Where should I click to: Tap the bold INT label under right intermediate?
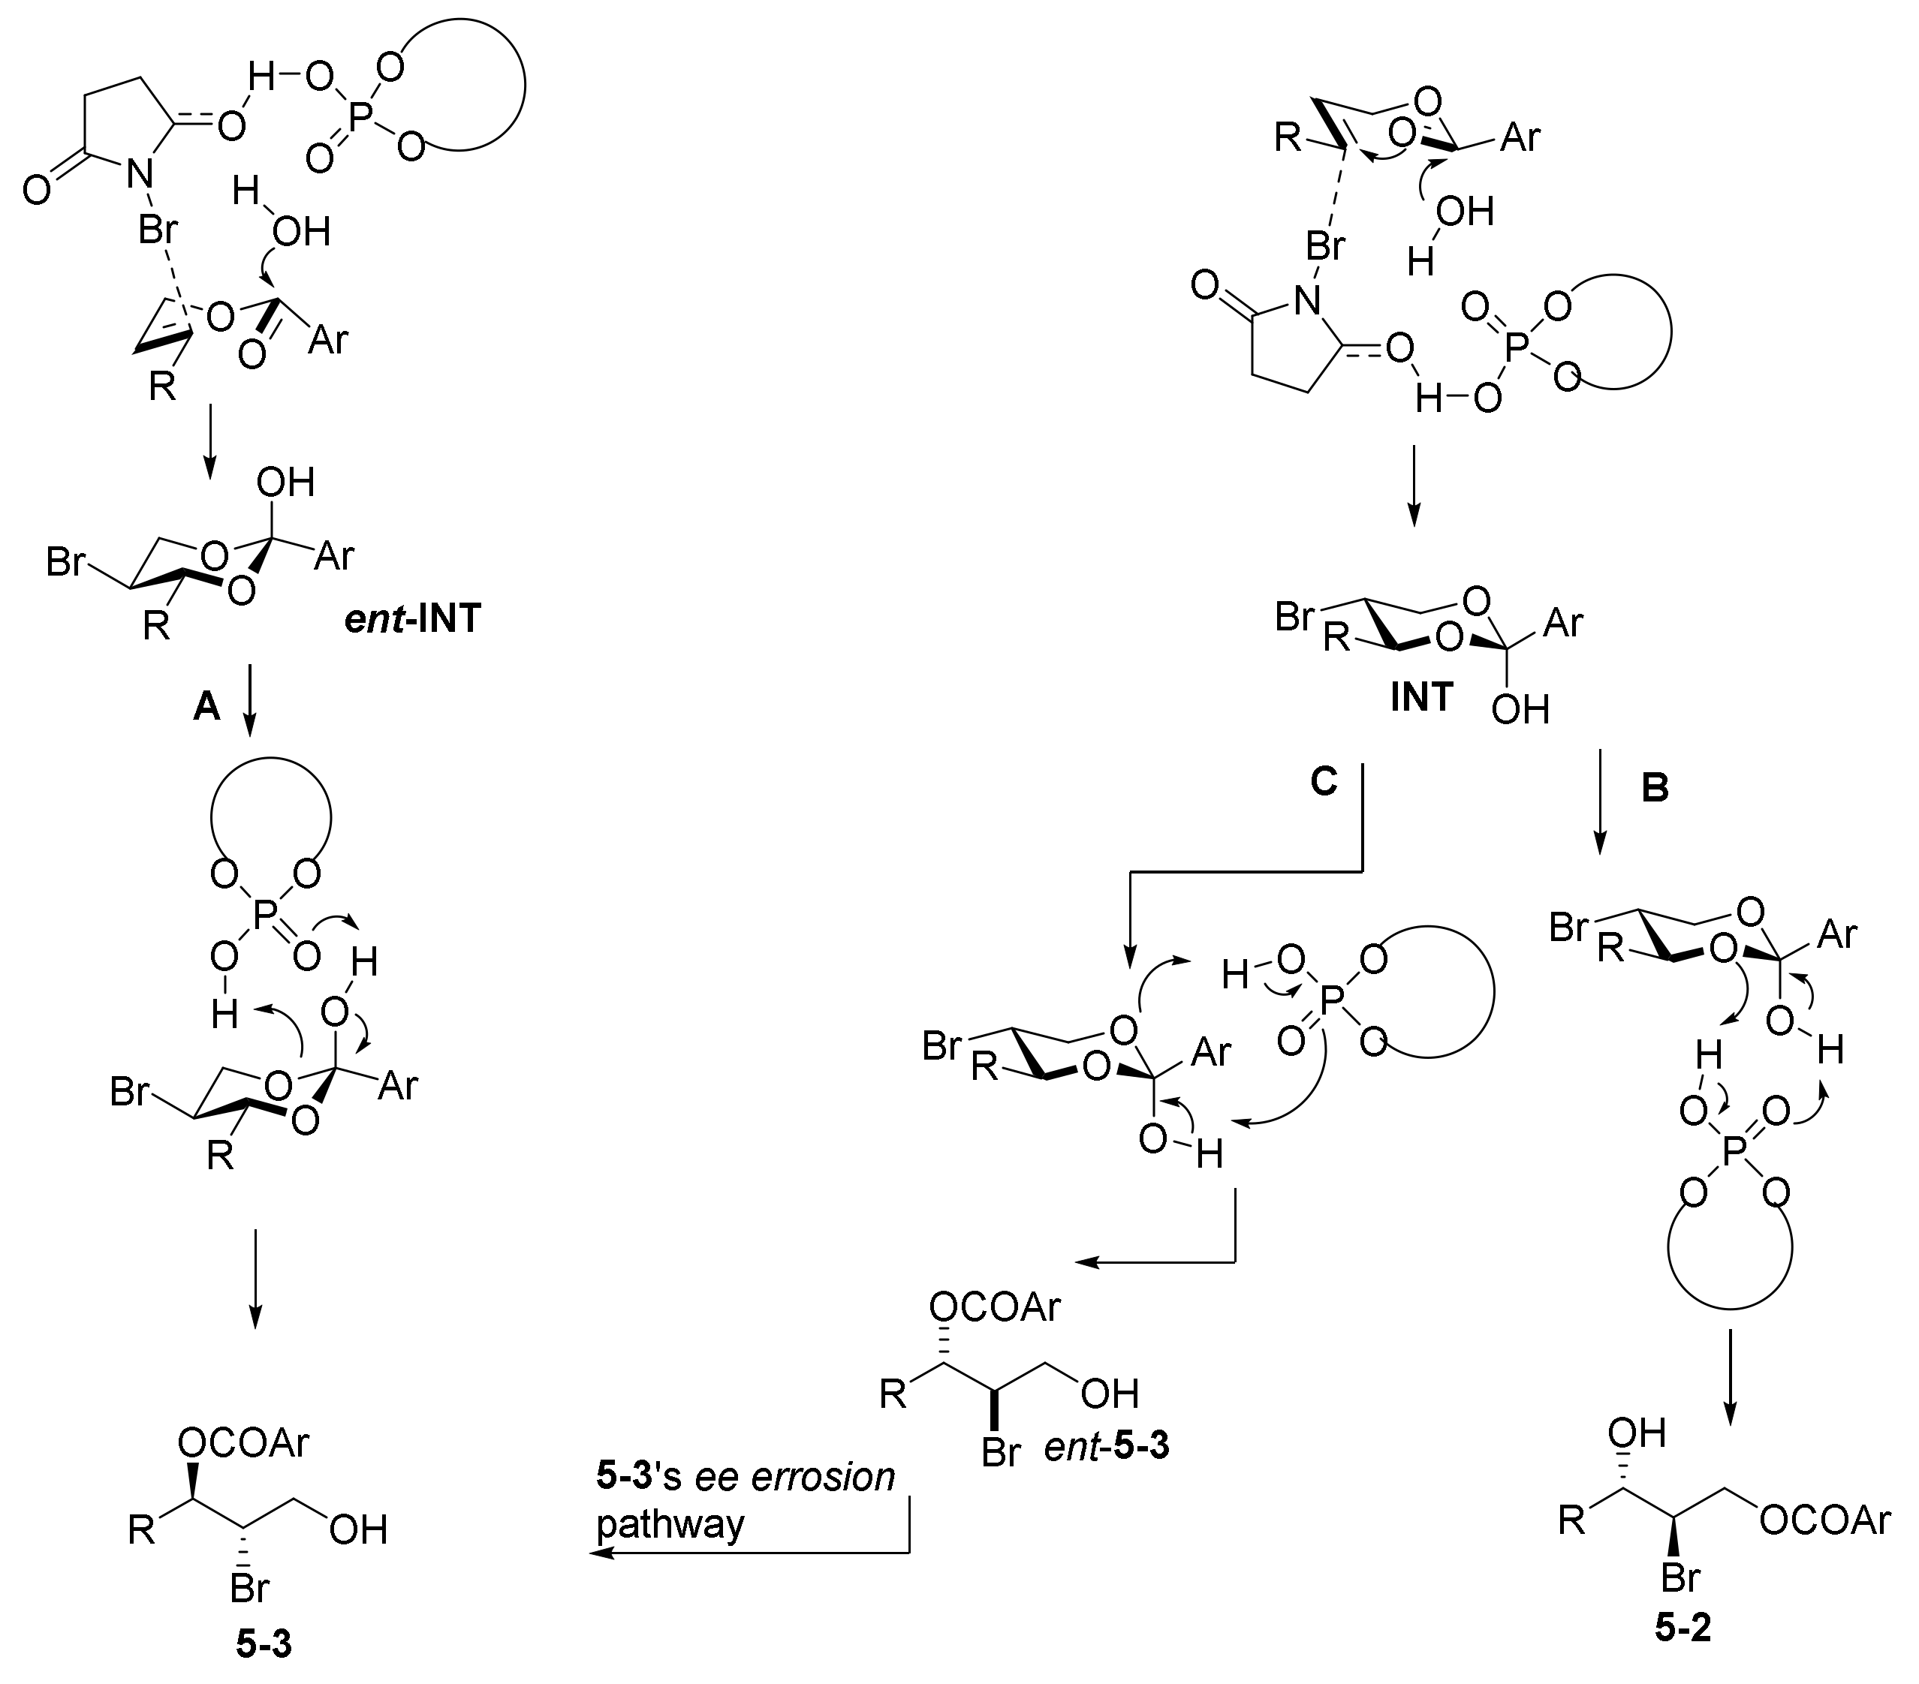(1421, 697)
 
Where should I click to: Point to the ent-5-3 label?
(1107, 1448)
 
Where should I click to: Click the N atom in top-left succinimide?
(140, 171)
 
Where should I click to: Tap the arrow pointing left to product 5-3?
(751, 1553)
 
